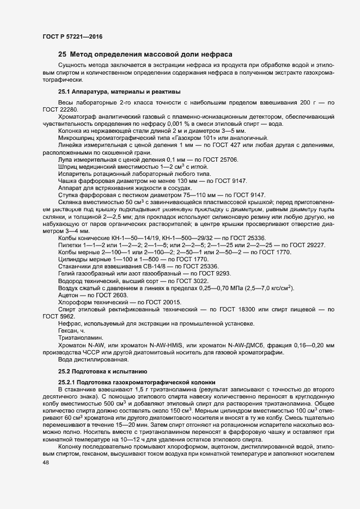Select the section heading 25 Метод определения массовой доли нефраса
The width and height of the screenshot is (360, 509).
click(145, 55)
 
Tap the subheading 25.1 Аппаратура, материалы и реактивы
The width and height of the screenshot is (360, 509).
click(119, 91)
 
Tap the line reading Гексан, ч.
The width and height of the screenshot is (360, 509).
click(72, 330)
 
